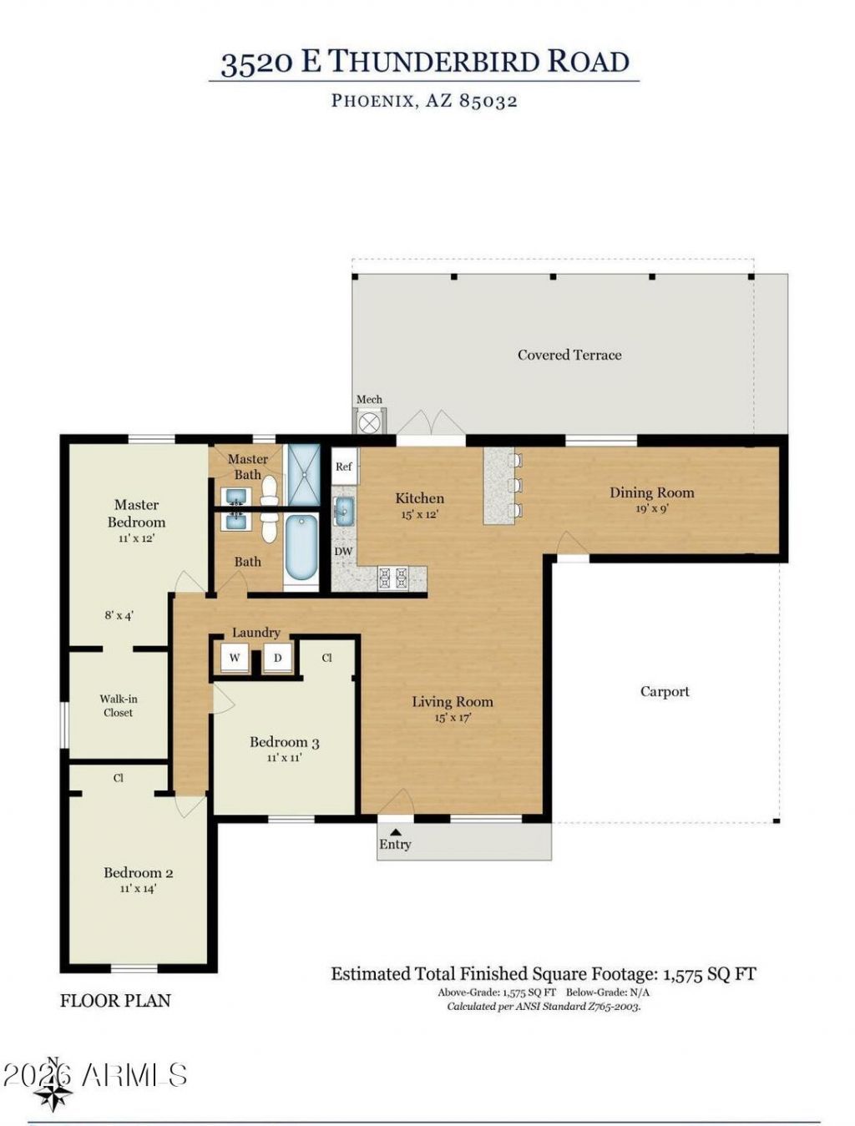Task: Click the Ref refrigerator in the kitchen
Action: [x=344, y=466]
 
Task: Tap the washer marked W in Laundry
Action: [x=235, y=658]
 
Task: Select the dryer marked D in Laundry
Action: [x=277, y=658]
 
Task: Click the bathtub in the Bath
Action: [x=301, y=548]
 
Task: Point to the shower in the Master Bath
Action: [x=304, y=474]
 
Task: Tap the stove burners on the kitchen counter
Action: [x=393, y=577]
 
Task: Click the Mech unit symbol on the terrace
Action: [x=368, y=423]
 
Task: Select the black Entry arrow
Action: [x=396, y=831]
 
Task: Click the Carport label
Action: [x=664, y=691]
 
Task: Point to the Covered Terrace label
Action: [x=569, y=355]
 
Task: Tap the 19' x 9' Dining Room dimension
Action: [x=651, y=509]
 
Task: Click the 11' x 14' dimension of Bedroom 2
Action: [x=138, y=888]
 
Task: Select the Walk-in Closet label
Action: [x=119, y=705]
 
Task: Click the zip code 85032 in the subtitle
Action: [x=488, y=100]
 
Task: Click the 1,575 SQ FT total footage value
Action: [x=710, y=973]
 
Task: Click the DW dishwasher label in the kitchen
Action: [x=343, y=552]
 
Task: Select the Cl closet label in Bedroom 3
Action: [x=326, y=658]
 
